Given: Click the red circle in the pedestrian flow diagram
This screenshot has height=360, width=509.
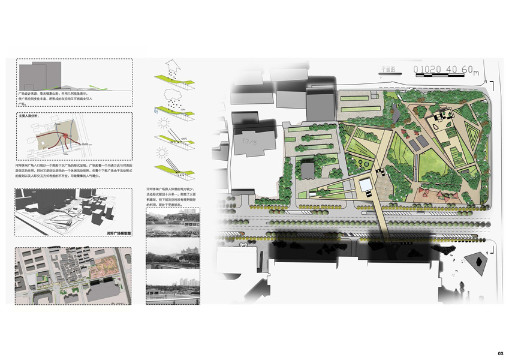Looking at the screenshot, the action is coord(63,142).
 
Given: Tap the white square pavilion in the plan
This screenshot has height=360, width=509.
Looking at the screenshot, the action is coord(366,187).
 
